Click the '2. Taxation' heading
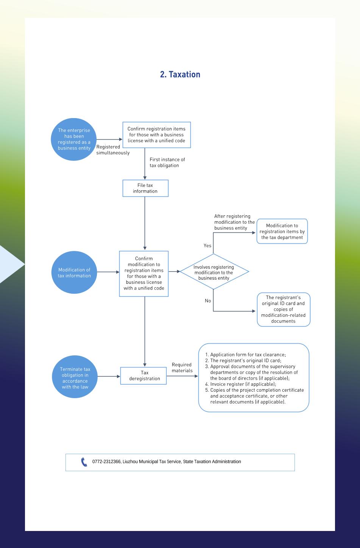(180, 75)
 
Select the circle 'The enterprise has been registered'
(74, 139)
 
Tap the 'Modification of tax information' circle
(74, 272)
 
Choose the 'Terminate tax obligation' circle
(75, 377)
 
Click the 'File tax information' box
(145, 188)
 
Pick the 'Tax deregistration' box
(143, 375)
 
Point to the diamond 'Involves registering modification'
(214, 272)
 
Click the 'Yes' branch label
(207, 245)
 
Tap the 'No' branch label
(208, 300)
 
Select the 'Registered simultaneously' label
(113, 150)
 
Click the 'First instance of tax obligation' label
(167, 162)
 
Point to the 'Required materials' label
(182, 367)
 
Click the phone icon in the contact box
(84, 462)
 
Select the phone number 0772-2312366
(106, 462)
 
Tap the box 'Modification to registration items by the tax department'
(282, 231)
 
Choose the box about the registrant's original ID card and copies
(284, 310)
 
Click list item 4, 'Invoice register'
(241, 384)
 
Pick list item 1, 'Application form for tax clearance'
(245, 355)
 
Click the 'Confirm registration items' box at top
(157, 135)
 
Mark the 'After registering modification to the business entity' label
(234, 222)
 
